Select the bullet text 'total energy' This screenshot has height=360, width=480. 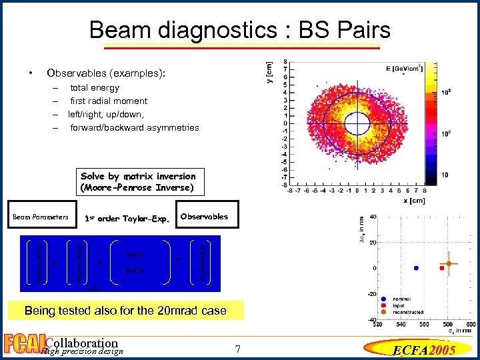[x=95, y=87]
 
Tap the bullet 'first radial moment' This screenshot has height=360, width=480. [x=109, y=101]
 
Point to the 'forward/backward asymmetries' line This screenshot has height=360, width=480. [x=134, y=127]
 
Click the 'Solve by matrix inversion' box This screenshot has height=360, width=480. [x=138, y=181]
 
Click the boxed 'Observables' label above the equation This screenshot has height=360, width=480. [x=204, y=217]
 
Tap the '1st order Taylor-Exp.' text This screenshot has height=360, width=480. [x=127, y=218]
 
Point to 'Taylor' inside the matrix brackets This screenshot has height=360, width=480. [x=135, y=254]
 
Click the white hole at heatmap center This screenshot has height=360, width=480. [x=357, y=123]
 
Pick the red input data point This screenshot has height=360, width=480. [x=441, y=268]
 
